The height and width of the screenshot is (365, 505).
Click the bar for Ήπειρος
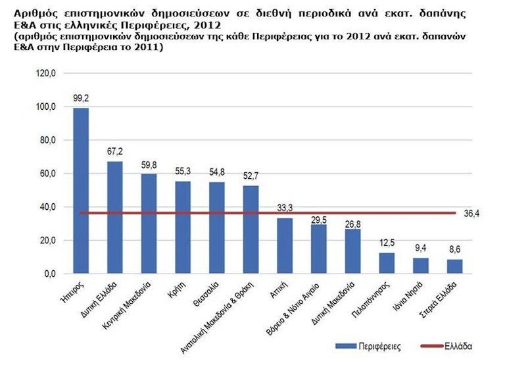click(x=81, y=191)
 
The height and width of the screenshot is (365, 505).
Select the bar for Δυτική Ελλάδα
click(x=115, y=217)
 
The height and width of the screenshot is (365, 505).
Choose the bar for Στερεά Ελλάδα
click(x=454, y=266)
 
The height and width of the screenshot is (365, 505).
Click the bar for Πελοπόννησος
click(x=387, y=263)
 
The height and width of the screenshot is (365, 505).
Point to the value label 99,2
click(x=81, y=99)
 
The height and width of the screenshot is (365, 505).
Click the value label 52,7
click(x=251, y=176)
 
